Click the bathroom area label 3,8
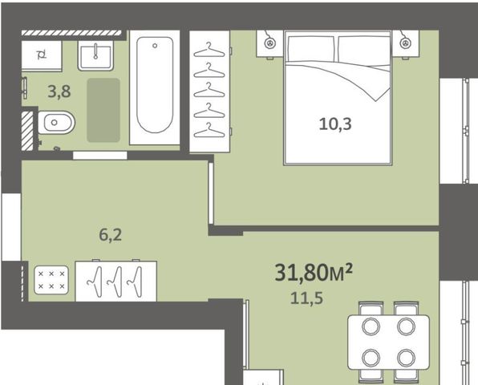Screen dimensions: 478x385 [x=59, y=91]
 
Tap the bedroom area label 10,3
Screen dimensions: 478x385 [x=335, y=124]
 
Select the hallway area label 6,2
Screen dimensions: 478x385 [x=111, y=235]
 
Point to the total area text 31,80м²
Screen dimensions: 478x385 [x=314, y=272]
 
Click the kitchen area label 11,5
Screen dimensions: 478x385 [x=306, y=298]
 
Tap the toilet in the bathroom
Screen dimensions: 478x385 [x=56, y=123]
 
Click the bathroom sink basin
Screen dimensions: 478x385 [x=95, y=56]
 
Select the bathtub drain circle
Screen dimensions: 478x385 [x=155, y=46]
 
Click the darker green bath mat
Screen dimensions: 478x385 [x=103, y=110]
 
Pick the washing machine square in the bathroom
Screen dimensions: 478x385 [x=42, y=55]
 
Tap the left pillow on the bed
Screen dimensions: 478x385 [x=310, y=49]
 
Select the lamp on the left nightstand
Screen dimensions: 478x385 [x=269, y=43]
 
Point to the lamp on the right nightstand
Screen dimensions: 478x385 [x=405, y=43]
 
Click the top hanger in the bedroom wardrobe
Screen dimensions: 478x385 [x=209, y=50]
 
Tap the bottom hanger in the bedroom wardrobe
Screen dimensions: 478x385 [x=209, y=130]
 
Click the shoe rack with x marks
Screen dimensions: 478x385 [x=51, y=280]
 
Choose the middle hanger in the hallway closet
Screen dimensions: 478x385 [x=115, y=282]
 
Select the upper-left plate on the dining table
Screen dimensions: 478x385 [x=371, y=326]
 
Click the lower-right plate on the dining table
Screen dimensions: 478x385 [x=406, y=357]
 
